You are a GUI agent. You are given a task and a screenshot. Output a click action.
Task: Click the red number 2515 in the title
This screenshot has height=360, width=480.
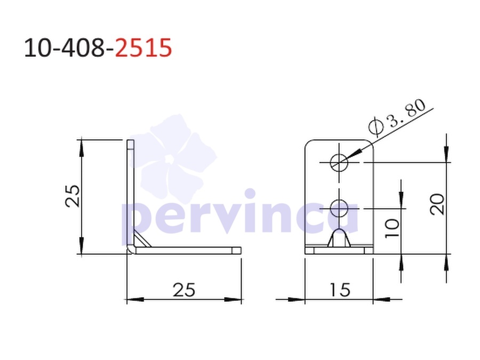(143, 48)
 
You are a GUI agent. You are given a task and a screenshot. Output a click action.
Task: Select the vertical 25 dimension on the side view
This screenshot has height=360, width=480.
(73, 196)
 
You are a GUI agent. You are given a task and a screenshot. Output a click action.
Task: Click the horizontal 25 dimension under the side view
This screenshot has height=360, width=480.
(184, 290)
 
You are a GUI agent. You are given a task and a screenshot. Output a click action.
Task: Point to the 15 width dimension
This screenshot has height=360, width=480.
(340, 290)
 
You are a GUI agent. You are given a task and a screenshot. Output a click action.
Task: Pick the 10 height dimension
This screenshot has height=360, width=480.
(392, 228)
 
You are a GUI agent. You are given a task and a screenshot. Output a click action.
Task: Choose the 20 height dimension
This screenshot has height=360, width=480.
(437, 204)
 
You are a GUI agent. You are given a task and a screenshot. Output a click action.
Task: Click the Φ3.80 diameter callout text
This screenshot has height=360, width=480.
(397, 117)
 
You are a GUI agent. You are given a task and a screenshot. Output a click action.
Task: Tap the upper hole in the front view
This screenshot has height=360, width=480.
(339, 162)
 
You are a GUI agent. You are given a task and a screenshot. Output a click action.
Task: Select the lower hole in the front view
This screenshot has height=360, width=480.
(339, 209)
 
